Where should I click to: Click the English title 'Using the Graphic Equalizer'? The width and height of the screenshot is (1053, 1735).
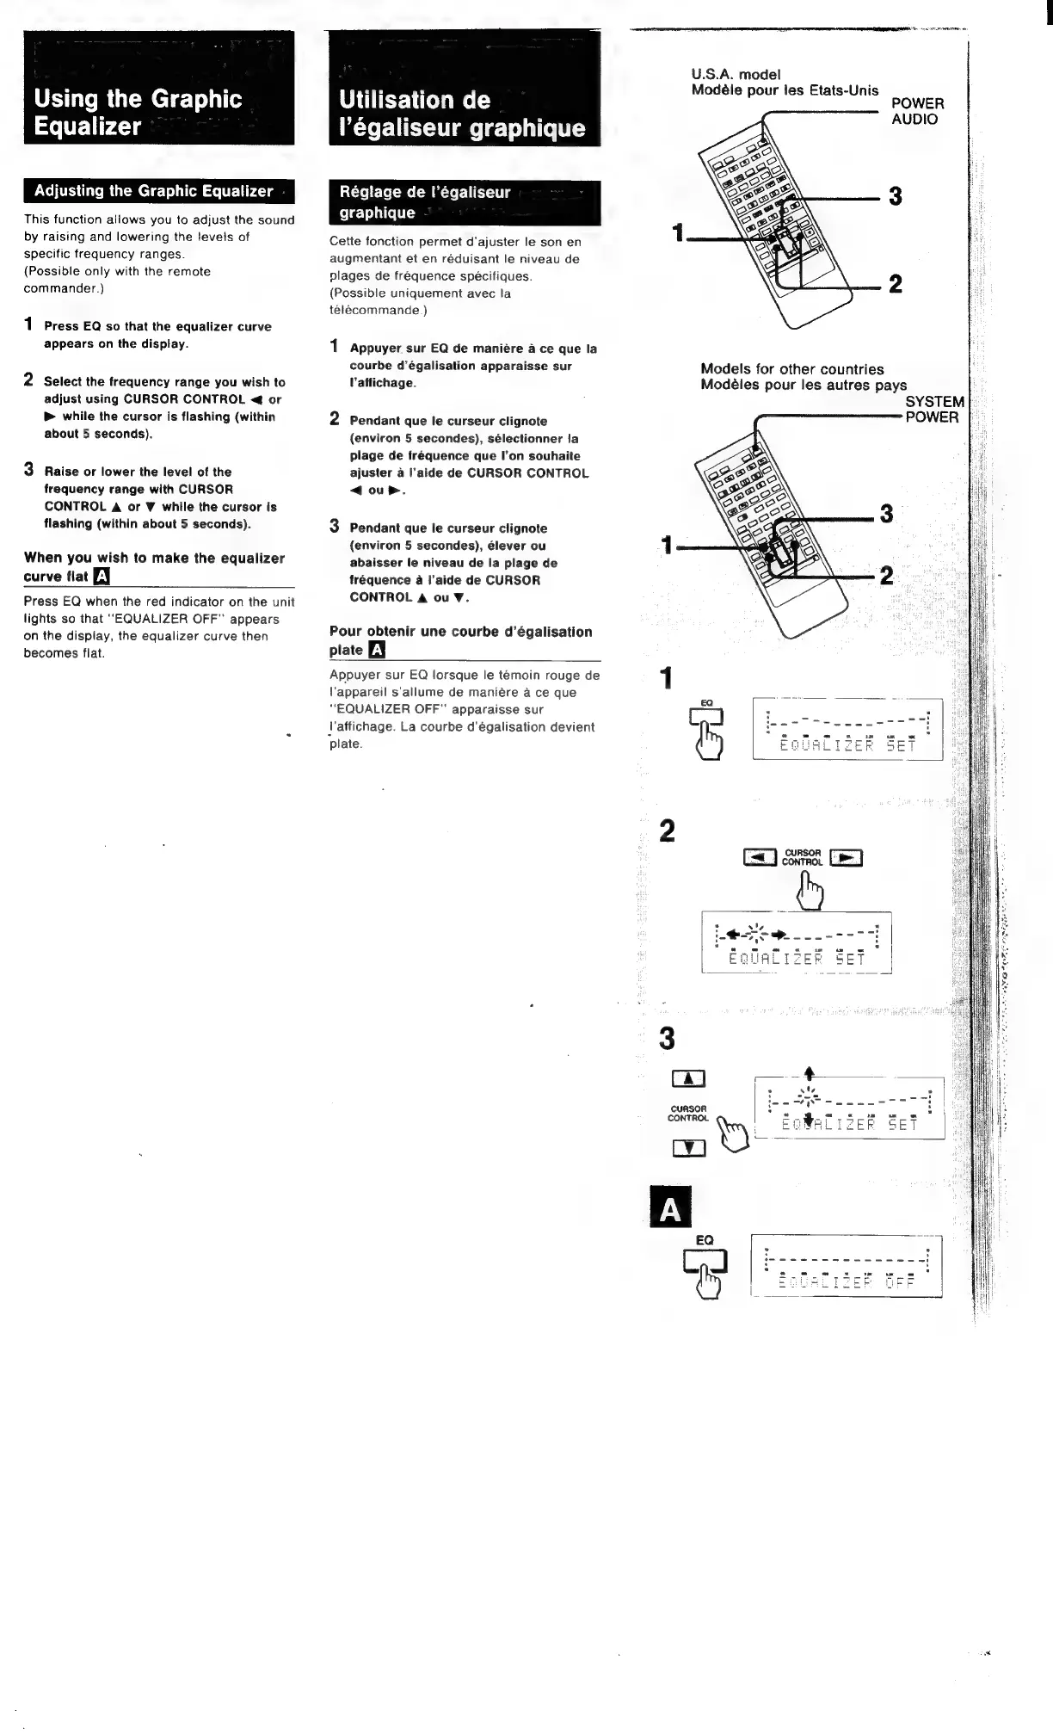coord(138,112)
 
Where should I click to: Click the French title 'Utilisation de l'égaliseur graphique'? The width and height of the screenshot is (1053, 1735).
coord(462,114)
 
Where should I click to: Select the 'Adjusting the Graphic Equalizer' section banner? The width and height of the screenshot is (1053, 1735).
coord(153,191)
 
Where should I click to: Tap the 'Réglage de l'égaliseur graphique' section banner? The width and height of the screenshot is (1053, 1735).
coord(425,202)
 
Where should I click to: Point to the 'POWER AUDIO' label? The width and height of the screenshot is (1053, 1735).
coord(917,112)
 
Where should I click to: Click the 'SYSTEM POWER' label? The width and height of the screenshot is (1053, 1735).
coord(934,409)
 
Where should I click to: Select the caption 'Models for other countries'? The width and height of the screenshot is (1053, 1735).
coord(791,369)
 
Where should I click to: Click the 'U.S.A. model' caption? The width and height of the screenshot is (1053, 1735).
coord(736,75)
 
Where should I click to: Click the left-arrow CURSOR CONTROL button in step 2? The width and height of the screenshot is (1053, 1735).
coord(760,857)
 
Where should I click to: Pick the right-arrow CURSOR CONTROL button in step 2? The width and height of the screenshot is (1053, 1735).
coord(846,857)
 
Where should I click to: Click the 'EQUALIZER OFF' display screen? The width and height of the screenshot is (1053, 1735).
coord(847,1265)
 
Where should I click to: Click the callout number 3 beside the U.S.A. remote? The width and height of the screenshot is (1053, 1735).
coord(895,197)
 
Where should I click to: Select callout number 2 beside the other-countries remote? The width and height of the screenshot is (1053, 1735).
coord(886,575)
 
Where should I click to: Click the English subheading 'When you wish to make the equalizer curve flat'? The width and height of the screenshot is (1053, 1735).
coord(153,567)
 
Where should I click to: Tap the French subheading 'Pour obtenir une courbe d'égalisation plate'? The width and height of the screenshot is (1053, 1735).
coord(460,640)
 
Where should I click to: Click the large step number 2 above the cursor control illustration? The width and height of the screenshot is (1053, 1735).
coord(667,831)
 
